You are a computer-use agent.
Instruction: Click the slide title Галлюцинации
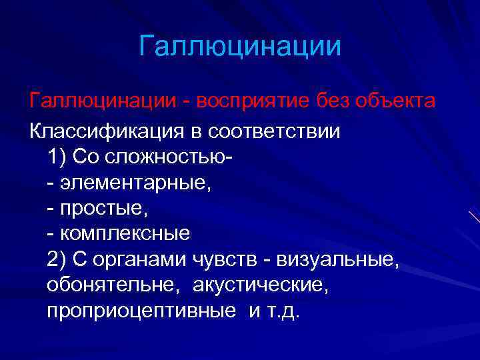click(x=240, y=47)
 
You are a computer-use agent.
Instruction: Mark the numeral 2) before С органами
click(x=57, y=260)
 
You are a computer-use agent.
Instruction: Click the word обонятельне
click(x=113, y=285)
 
